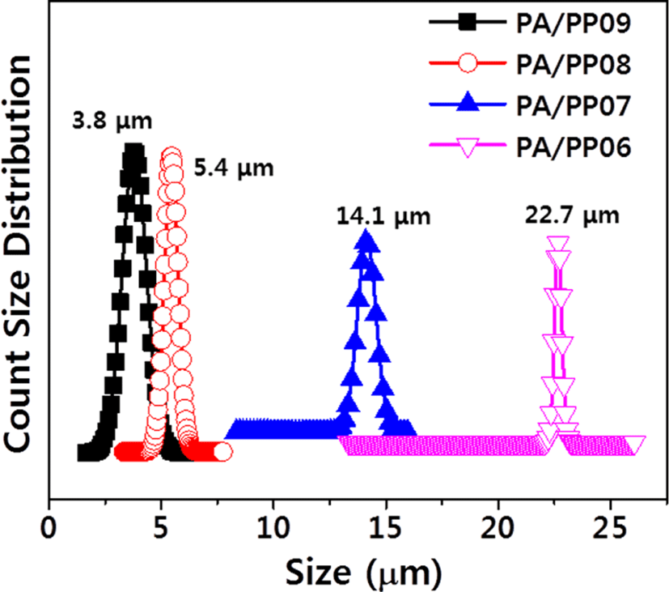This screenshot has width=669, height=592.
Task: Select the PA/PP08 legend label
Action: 573,64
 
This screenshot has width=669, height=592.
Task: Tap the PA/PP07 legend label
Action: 573,105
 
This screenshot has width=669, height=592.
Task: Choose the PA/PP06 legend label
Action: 573,147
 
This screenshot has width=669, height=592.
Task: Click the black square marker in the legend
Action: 468,22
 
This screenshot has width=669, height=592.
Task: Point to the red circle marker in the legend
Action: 468,63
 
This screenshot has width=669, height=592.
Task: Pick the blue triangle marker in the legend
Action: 468,102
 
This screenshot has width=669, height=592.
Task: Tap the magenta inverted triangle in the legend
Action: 468,147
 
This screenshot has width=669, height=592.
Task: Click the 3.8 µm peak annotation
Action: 112,121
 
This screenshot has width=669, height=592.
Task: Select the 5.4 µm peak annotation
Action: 234,168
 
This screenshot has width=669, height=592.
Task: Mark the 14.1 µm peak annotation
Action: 383,216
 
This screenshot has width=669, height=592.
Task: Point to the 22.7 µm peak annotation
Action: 572,215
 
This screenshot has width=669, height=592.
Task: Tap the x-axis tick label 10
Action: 273,528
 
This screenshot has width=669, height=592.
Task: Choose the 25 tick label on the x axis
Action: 611,528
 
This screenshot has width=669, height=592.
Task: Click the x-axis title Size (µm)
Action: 363,573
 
